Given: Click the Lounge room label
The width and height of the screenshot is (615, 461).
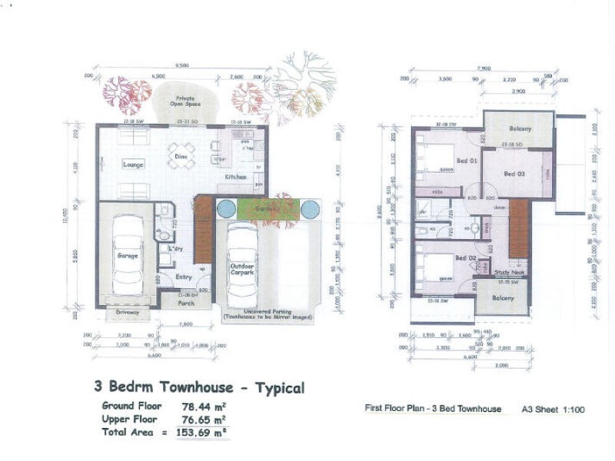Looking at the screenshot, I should click(x=133, y=164).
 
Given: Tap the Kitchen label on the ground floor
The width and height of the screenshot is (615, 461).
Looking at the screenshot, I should click(x=235, y=177).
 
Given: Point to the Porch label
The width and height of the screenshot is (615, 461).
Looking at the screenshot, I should click(x=186, y=303).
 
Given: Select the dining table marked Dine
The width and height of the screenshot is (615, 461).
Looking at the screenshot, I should click(x=182, y=156).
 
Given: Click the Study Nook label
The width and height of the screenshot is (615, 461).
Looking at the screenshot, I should click(x=510, y=271).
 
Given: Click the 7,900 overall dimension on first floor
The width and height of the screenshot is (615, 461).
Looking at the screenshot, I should click(x=484, y=68).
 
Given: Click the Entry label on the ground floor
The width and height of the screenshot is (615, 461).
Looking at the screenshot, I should click(x=183, y=277).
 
